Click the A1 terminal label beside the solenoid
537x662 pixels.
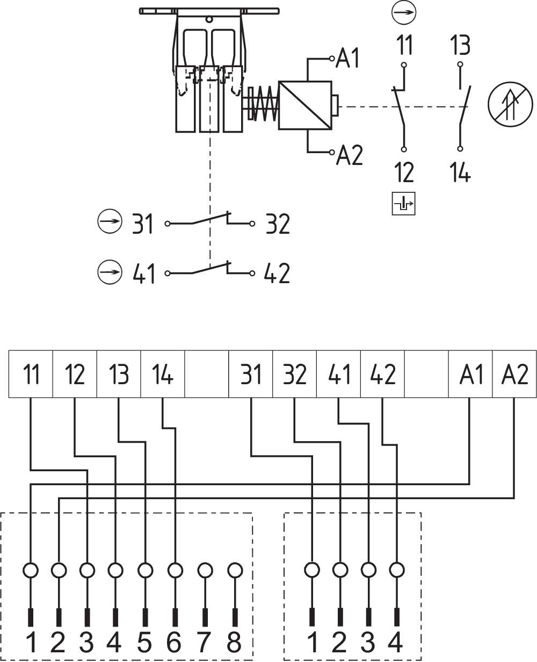pos(348,59)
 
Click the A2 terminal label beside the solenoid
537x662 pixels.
pos(350,156)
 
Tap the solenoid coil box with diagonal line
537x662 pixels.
pos(304,105)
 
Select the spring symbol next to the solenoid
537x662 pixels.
pos(263,105)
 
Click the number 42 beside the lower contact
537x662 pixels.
pos(278,274)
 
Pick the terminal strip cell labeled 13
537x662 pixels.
pos(119,374)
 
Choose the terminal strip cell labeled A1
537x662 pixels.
pos(471,374)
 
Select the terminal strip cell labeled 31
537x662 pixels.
pos(251,374)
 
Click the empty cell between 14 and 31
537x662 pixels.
pos(207,374)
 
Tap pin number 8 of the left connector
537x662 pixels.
pos(234,643)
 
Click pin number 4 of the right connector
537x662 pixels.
pos(396,643)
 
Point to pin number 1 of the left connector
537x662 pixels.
pos(31,643)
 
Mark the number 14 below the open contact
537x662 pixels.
pos(460,174)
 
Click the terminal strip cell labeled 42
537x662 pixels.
pos(382,374)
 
